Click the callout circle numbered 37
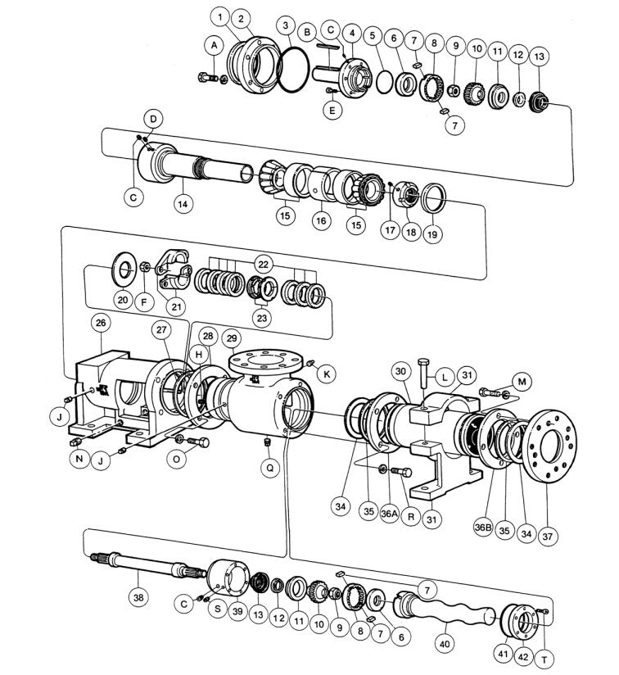coord(548,537)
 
